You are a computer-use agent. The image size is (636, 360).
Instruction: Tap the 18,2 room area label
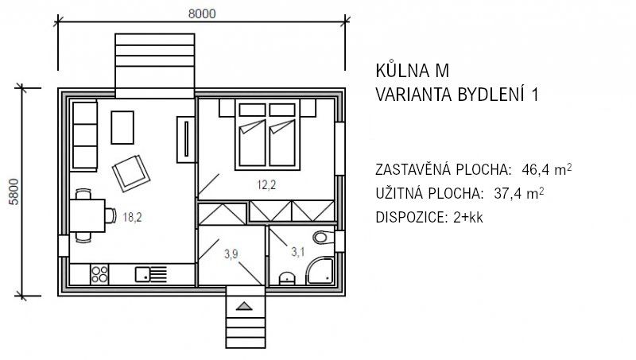click(x=132, y=215)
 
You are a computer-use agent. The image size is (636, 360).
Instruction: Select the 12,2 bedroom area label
click(x=265, y=185)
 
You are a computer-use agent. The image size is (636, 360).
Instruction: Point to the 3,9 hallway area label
click(x=231, y=254)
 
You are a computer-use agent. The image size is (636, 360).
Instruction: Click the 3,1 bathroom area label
click(x=298, y=253)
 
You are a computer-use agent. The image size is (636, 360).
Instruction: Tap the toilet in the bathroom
click(x=321, y=238)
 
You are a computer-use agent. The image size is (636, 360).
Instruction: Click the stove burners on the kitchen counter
click(x=100, y=274)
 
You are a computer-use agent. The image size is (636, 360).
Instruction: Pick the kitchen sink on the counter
click(x=144, y=274)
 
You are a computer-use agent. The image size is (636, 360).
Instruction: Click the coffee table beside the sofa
click(x=123, y=126)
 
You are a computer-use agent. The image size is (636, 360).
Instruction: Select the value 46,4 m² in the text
click(x=546, y=169)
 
